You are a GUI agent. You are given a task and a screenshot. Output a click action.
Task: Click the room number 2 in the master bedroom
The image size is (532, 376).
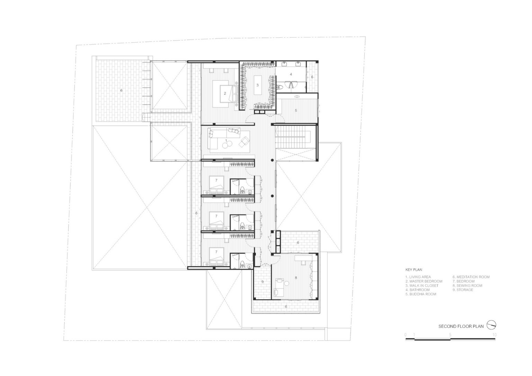pyautogui.click(x=225, y=93)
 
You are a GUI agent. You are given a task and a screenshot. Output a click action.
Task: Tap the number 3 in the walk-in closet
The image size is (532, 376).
pyautogui.click(x=257, y=85)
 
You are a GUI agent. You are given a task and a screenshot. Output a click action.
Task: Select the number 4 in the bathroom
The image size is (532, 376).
pyautogui.click(x=291, y=74)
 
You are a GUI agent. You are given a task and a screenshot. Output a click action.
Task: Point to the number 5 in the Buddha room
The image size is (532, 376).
pyautogui.click(x=296, y=110)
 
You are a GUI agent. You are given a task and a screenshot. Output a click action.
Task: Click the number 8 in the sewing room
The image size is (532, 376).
pyautogui.click(x=296, y=278)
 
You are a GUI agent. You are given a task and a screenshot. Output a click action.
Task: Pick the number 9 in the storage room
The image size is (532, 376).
pyautogui.click(x=263, y=282)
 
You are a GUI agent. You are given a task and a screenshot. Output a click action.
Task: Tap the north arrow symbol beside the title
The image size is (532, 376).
pyautogui.click(x=491, y=325)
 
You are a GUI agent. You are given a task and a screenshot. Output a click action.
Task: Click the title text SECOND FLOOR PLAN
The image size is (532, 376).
pyautogui.click(x=461, y=326)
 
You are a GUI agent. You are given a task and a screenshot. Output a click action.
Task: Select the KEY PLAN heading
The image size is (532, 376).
pyautogui.click(x=414, y=270)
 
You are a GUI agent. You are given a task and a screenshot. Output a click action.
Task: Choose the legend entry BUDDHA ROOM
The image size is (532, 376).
pyautogui.click(x=421, y=294)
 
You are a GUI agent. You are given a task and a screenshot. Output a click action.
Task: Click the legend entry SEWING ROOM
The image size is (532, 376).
pyautogui.click(x=467, y=286)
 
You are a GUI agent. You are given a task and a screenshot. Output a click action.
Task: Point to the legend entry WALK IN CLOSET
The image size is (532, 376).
pyautogui.click(x=422, y=286)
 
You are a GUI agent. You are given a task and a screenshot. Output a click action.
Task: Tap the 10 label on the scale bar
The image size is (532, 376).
pyautogui.click(x=494, y=335)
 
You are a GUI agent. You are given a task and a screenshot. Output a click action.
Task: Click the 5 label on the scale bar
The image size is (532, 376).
pyautogui.click(x=450, y=335)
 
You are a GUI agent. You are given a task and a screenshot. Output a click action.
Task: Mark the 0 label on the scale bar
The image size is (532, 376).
pyautogui.click(x=406, y=335)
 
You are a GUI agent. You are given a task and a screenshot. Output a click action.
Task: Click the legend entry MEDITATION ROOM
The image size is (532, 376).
pyautogui.click(x=471, y=277)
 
